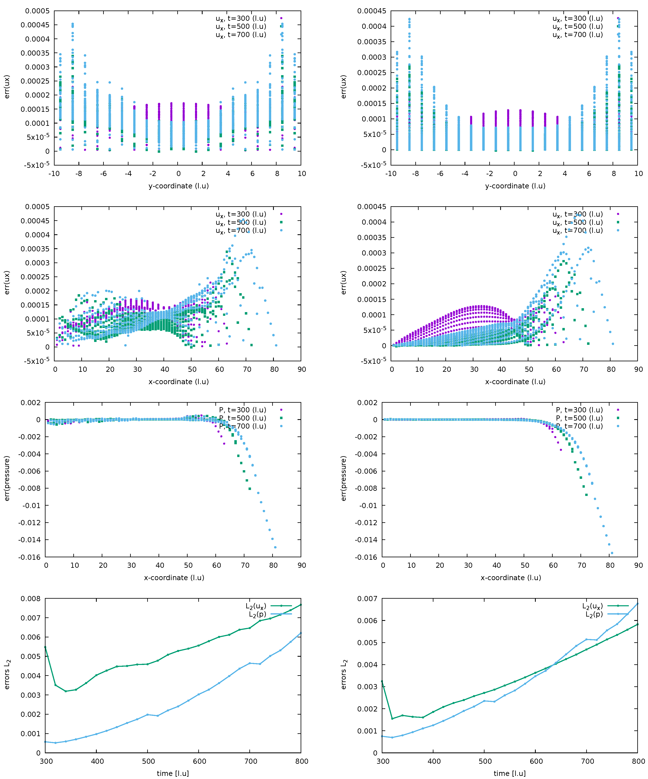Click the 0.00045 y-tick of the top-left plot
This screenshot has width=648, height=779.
pos(35,25)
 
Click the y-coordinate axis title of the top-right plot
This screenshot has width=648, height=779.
pos(515,186)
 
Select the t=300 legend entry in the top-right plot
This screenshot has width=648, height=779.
pos(578,18)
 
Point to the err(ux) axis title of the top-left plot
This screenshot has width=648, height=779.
pos(7,87)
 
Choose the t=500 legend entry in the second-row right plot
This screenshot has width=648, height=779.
pos(578,222)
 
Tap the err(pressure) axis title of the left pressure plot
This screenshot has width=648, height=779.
pos(7,478)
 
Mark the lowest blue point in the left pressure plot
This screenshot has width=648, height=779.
pos(275,547)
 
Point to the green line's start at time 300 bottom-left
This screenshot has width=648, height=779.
pos(45,647)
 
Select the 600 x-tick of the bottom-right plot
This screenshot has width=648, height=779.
pos(536,761)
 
